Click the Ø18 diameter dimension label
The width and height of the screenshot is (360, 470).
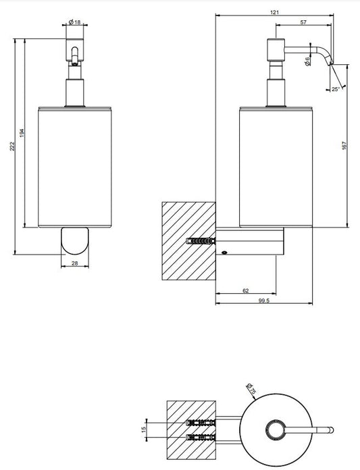coord(75,22)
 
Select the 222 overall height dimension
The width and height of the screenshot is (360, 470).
coord(12,147)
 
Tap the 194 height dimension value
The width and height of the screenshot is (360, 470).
coord(22,133)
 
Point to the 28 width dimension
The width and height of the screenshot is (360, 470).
coord(75,263)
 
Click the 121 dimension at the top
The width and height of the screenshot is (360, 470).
coord(274,12)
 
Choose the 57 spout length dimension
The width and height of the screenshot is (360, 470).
coord(303,22)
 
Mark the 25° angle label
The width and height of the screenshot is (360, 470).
coord(336,89)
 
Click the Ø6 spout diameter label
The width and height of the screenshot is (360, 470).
coord(307,61)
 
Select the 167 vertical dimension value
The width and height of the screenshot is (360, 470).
coord(344,146)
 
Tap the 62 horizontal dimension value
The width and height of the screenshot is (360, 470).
coord(245,290)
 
